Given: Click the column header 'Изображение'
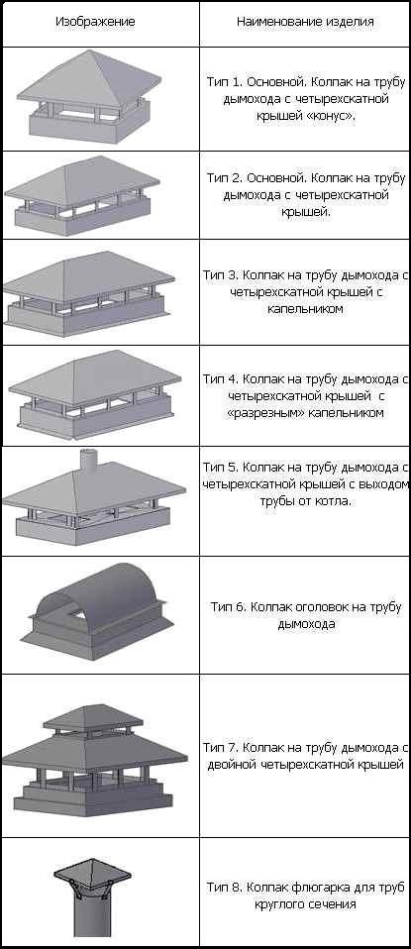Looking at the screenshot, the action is [x=95, y=22].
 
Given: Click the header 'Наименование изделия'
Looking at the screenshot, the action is [x=305, y=22].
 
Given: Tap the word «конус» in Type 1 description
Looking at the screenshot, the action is [x=332, y=114].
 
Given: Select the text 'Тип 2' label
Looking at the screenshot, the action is [x=225, y=178].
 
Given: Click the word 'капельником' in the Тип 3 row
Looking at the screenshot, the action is [x=305, y=309].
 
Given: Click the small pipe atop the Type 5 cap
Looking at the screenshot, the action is [x=89, y=462].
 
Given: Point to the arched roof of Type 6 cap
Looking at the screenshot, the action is [x=101, y=593].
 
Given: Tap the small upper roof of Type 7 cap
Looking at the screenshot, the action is [x=93, y=716].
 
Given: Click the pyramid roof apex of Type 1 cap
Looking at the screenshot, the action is [x=88, y=51].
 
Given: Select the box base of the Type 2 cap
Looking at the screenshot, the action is [x=82, y=216].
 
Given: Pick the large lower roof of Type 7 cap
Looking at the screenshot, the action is [x=94, y=751].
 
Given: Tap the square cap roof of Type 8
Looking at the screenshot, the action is [x=92, y=870].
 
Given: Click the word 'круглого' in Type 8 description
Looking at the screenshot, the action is [x=279, y=905].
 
